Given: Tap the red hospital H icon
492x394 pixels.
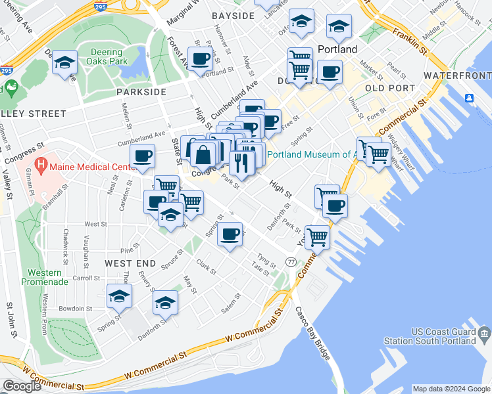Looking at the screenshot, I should point(41,164).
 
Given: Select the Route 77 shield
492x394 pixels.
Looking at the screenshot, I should point(291,261).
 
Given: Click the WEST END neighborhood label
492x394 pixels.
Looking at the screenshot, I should point(130,263).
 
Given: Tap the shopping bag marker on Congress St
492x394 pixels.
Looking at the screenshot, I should point(204,156).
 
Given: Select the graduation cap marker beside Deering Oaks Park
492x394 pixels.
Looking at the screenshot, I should point(64,62).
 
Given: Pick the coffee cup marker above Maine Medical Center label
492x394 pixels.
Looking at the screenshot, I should point(143,157).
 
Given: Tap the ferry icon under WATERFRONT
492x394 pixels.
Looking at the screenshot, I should point(470,98).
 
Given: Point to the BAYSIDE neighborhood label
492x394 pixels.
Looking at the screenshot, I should point(234,15).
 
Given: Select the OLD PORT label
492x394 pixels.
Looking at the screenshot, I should point(390,88).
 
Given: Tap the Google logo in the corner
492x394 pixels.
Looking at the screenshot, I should point(22,386).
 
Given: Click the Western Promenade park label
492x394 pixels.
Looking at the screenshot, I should point(45,277).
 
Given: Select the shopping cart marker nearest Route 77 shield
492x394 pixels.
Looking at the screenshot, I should point(317,236).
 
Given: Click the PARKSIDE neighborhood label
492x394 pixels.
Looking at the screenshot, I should point(141,92).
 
